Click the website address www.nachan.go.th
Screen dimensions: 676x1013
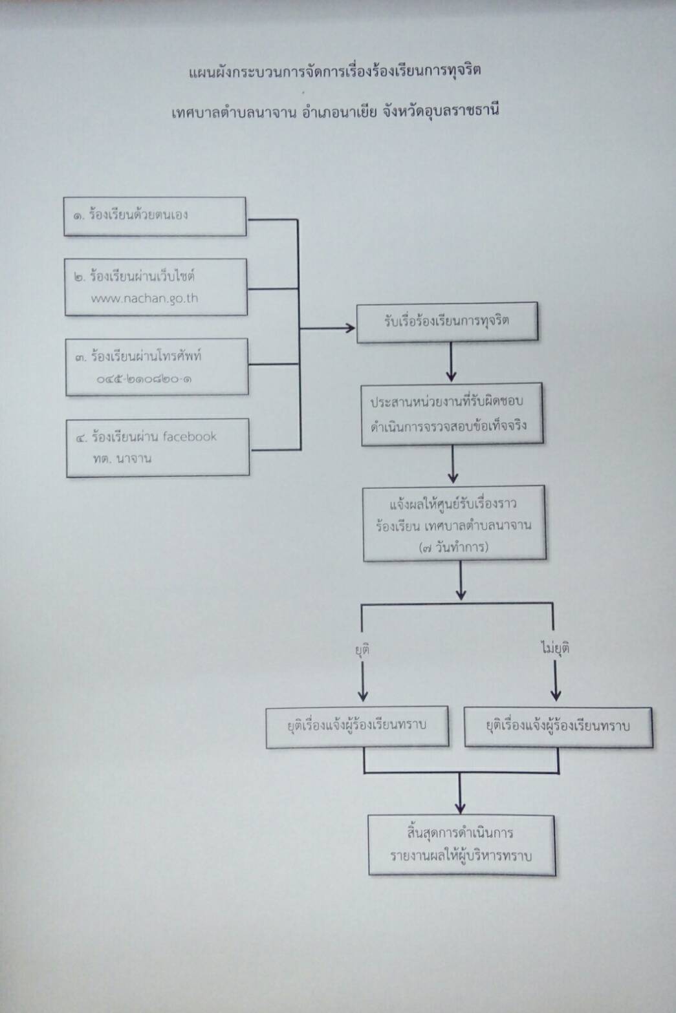[144, 299]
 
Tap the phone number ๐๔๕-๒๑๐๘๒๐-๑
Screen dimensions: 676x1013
[144, 379]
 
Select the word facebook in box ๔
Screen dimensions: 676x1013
[190, 436]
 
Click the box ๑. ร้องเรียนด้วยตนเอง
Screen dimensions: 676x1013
[155, 217]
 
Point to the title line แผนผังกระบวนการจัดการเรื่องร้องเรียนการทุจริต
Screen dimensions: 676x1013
[335, 72]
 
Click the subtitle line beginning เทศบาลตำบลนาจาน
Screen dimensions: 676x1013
[335, 111]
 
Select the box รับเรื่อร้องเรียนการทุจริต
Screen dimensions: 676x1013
[448, 323]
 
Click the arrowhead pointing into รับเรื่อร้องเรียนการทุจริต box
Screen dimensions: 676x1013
[351, 328]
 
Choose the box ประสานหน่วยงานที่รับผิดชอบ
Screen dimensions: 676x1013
[452, 414]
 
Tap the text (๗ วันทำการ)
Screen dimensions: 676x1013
[454, 548]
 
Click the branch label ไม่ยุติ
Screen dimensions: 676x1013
[555, 648]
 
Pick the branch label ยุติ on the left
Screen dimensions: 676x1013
[362, 650]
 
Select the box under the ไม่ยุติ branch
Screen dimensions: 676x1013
[558, 727]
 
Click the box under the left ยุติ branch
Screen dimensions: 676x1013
[358, 726]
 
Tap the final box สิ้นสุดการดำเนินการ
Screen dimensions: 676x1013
[462, 845]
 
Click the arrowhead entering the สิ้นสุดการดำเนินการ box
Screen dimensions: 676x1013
[460, 809]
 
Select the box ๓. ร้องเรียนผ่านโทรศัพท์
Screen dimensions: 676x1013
[157, 367]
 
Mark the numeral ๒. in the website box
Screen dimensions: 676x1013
[80, 277]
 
